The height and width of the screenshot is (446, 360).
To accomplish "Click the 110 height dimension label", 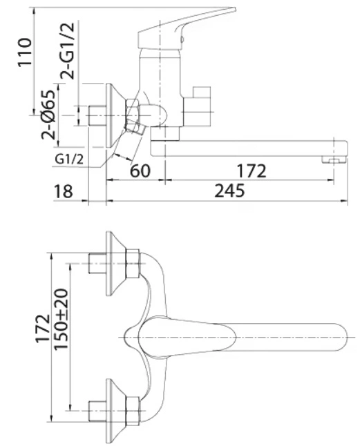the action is pyautogui.click(x=25, y=52).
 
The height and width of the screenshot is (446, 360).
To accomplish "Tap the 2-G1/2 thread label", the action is pyautogui.click(x=67, y=50).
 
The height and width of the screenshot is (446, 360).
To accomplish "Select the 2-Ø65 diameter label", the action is pyautogui.click(x=48, y=115).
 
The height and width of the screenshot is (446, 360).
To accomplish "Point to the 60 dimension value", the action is pyautogui.click(x=140, y=171).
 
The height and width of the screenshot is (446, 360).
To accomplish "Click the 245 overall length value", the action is pyautogui.click(x=229, y=191).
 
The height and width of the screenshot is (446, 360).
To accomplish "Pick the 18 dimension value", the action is pyautogui.click(x=63, y=191).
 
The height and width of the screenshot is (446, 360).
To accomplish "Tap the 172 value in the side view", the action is pyautogui.click(x=252, y=171).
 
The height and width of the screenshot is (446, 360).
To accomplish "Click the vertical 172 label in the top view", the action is pyautogui.click(x=43, y=328).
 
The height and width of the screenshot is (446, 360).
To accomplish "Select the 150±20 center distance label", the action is pyautogui.click(x=61, y=319).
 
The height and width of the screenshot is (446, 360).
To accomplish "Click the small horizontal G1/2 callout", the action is pyautogui.click(x=69, y=159).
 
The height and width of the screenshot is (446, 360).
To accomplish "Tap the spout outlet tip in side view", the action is pyautogui.click(x=334, y=160).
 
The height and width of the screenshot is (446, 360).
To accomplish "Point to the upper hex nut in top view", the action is pyautogui.click(x=133, y=264).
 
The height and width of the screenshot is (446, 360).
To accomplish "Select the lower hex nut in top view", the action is pyautogui.click(x=133, y=411).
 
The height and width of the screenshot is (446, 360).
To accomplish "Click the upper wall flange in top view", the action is pyautogui.click(x=115, y=264).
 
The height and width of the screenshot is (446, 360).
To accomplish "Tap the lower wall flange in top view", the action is pyautogui.click(x=115, y=411).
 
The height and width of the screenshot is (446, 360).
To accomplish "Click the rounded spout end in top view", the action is pyautogui.click(x=340, y=337).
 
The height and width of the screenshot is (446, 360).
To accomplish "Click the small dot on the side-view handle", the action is pyautogui.click(x=182, y=40).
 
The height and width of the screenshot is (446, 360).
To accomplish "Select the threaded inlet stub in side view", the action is pyautogui.click(x=97, y=115).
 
